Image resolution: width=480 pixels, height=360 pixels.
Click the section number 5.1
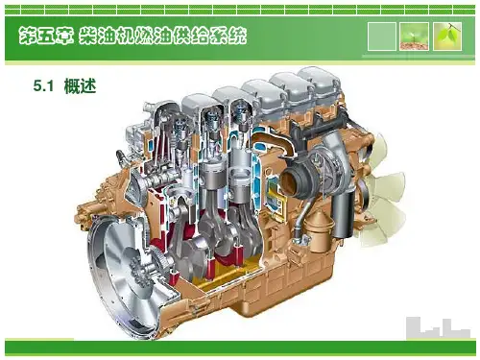tap(43, 86)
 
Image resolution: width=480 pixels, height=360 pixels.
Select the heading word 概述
tap(80, 86)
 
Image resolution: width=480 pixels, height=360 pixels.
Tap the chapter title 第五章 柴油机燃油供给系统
tap(132, 36)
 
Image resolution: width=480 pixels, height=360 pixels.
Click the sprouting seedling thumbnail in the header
tap(414, 36)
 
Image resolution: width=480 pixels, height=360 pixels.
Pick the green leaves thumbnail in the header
tap(447, 36)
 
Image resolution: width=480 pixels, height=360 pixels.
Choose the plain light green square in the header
tap(382, 36)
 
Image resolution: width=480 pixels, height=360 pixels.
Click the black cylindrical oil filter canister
tap(343, 214)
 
